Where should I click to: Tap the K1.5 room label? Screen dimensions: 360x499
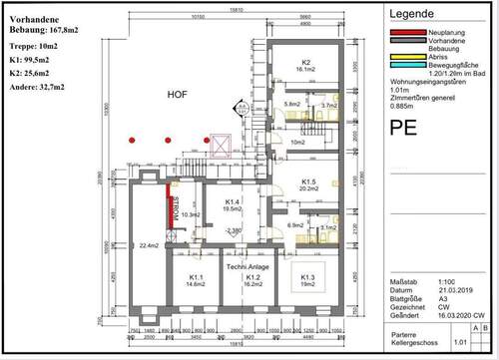[310, 180]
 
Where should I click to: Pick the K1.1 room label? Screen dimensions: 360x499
[196, 278]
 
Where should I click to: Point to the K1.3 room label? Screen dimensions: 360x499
[306, 276]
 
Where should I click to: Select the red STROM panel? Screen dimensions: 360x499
[171, 211]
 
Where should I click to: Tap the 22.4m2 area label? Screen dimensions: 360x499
[151, 245]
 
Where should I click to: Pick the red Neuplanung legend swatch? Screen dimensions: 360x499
[401, 33]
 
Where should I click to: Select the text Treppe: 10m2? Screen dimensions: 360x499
[32, 47]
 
